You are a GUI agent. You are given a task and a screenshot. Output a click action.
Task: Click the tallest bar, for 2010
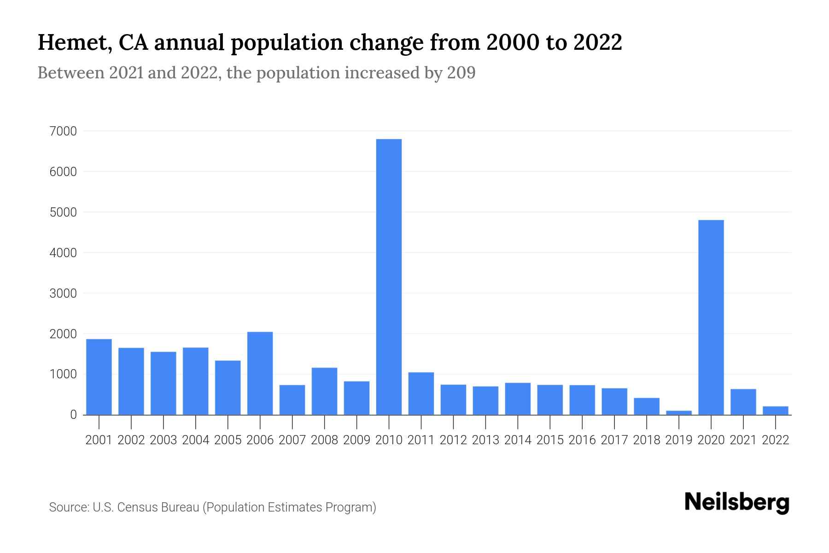[389, 276]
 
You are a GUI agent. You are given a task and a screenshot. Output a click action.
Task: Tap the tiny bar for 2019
[679, 412]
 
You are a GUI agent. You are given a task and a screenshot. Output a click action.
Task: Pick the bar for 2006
[260, 373]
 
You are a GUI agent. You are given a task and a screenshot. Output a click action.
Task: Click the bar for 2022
[776, 410]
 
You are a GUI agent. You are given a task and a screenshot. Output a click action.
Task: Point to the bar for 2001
[99, 377]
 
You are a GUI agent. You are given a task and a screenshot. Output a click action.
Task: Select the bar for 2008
[324, 391]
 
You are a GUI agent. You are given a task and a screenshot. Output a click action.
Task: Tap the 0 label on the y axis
[73, 415]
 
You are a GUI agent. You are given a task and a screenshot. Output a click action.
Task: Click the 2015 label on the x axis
[550, 440]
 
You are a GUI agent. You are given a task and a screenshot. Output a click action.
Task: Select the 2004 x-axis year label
[195, 440]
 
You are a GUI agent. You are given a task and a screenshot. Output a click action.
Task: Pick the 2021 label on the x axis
[743, 440]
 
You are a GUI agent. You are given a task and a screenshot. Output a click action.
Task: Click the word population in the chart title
[287, 43]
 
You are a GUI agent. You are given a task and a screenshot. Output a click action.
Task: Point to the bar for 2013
[485, 400]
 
